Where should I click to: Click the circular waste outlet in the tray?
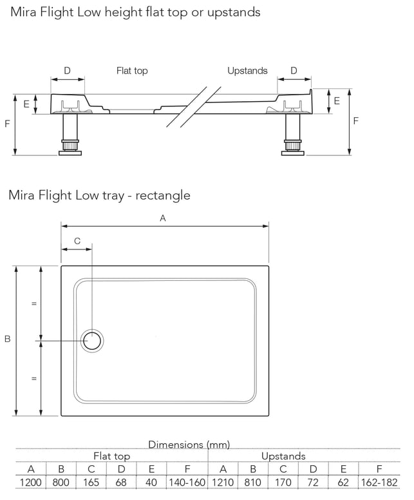[93, 340]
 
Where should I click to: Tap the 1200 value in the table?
[31, 482]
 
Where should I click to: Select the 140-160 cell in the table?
[186, 482]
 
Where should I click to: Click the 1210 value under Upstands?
[223, 482]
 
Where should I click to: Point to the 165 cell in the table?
[91, 482]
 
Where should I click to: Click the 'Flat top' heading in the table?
[112, 456]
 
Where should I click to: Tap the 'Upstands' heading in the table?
[283, 456]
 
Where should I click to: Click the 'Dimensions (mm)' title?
[189, 445]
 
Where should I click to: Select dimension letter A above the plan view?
[163, 218]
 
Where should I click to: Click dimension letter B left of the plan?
[8, 339]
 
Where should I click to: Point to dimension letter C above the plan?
[77, 241]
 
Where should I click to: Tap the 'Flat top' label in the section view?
[132, 71]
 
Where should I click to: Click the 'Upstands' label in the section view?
[247, 71]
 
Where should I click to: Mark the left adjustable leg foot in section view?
[68, 151]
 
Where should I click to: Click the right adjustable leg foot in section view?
[293, 151]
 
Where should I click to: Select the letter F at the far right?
[356, 120]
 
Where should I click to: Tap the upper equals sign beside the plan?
[33, 303]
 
